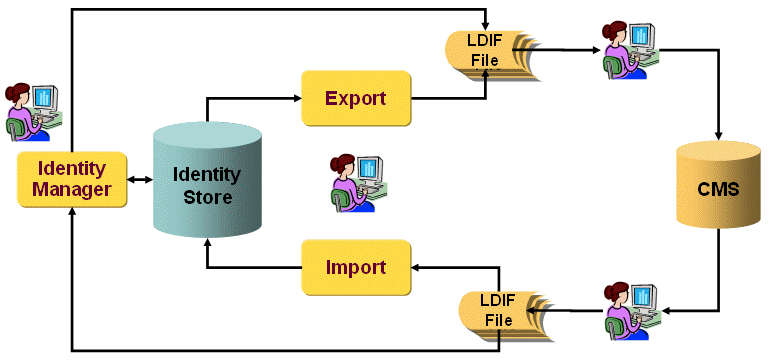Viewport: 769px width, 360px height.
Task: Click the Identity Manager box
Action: pos(72,179)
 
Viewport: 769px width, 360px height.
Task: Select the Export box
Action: pos(356,98)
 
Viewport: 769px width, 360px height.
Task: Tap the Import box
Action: pos(356,267)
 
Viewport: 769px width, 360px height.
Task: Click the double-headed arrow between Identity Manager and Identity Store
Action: pos(140,180)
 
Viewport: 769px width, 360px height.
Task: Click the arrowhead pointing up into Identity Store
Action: pos(206,244)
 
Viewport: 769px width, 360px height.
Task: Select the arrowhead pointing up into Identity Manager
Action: pos(72,214)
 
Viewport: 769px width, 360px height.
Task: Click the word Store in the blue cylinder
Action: pos(207,197)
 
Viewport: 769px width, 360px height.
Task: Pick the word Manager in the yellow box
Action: pos(72,189)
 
